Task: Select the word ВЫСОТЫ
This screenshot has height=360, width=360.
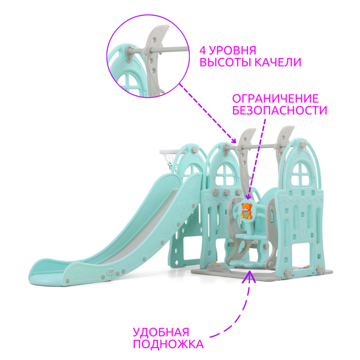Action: coord(222,62)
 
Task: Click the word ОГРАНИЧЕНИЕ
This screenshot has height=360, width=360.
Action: coord(275,98)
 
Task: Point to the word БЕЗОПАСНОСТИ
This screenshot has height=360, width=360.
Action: coord(280,110)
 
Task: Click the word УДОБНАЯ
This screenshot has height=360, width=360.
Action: coord(161,332)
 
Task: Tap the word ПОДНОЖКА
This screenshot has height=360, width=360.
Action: coord(168,344)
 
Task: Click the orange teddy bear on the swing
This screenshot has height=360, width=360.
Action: coord(246,211)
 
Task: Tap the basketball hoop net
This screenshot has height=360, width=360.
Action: coord(170,158)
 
